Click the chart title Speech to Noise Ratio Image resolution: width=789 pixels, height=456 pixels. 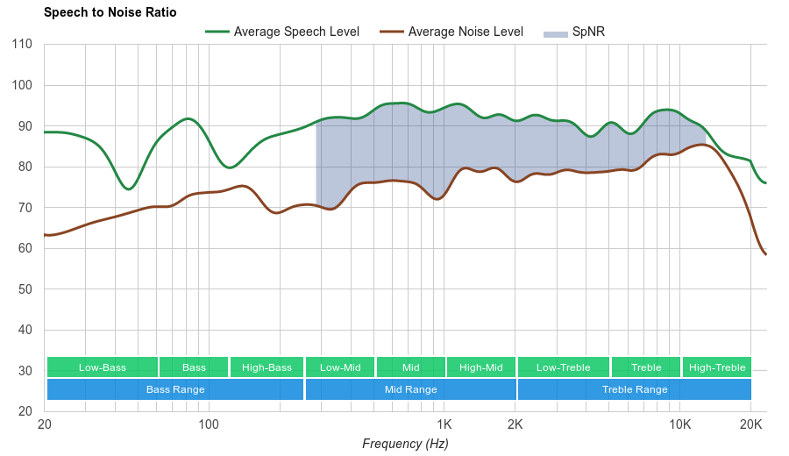pyautogui.click(x=110, y=12)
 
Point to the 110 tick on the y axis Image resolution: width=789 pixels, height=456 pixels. pyautogui.click(x=23, y=45)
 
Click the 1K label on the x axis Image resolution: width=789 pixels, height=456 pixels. pyautogui.click(x=444, y=424)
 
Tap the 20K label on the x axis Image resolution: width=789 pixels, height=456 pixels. pyautogui.click(x=750, y=424)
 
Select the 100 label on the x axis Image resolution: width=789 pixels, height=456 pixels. pyautogui.click(x=209, y=424)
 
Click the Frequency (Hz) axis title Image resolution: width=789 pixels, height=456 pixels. pyautogui.click(x=405, y=444)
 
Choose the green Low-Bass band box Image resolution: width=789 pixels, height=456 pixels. pyautogui.click(x=103, y=367)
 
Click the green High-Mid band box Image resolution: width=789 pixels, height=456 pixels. pyautogui.click(x=481, y=367)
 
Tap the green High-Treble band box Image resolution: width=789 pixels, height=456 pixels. pyautogui.click(x=717, y=367)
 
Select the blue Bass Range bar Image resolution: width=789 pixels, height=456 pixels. pyautogui.click(x=175, y=389)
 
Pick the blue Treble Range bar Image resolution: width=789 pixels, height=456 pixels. pyautogui.click(x=635, y=389)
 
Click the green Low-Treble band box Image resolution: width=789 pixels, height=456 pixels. pyautogui.click(x=564, y=367)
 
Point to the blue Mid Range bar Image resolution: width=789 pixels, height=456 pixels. pyautogui.click(x=411, y=389)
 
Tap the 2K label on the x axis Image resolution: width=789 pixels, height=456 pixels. pyautogui.click(x=515, y=424)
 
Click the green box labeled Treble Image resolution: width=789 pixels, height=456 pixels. pyautogui.click(x=646, y=367)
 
